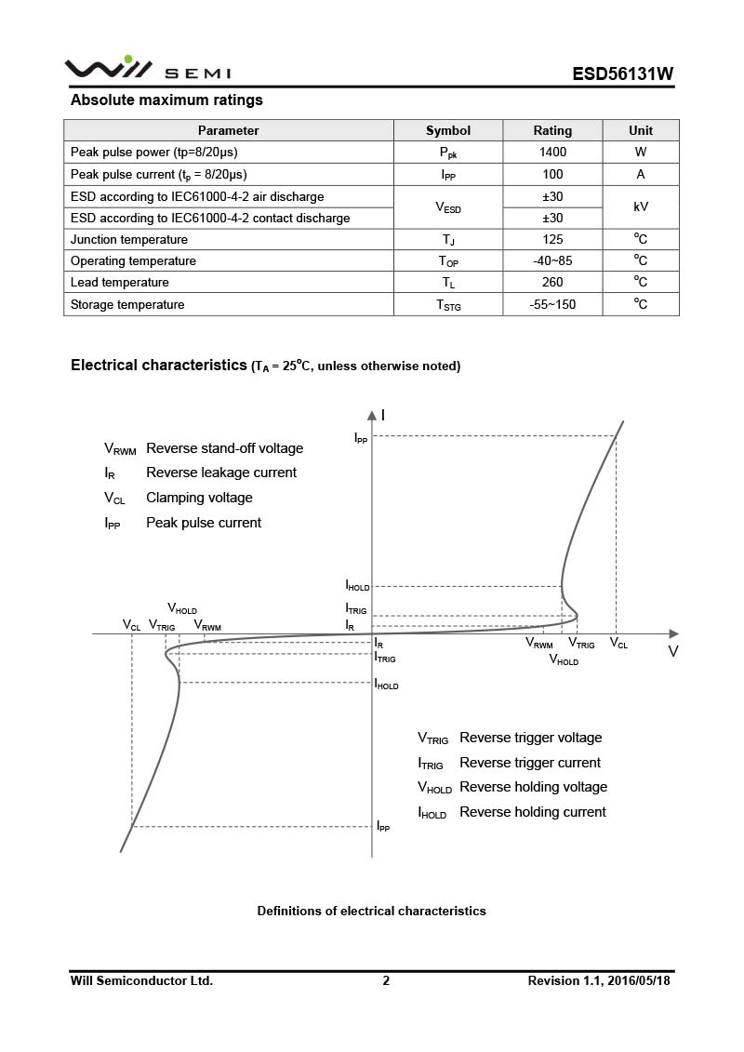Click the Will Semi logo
point(147,69)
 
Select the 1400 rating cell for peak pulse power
point(552,152)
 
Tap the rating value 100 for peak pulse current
point(552,174)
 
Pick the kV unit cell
point(641,207)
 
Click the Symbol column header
point(448,130)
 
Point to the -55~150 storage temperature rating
point(552,304)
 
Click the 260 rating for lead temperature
point(552,283)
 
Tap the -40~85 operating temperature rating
point(552,261)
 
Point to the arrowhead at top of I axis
point(372,413)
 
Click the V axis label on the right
point(673,651)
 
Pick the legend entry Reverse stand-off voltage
point(224,448)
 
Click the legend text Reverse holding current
point(532,812)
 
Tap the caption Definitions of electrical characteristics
point(371,911)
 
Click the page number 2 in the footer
point(386,980)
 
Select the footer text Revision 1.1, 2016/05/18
point(599,980)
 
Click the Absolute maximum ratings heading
point(166,100)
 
